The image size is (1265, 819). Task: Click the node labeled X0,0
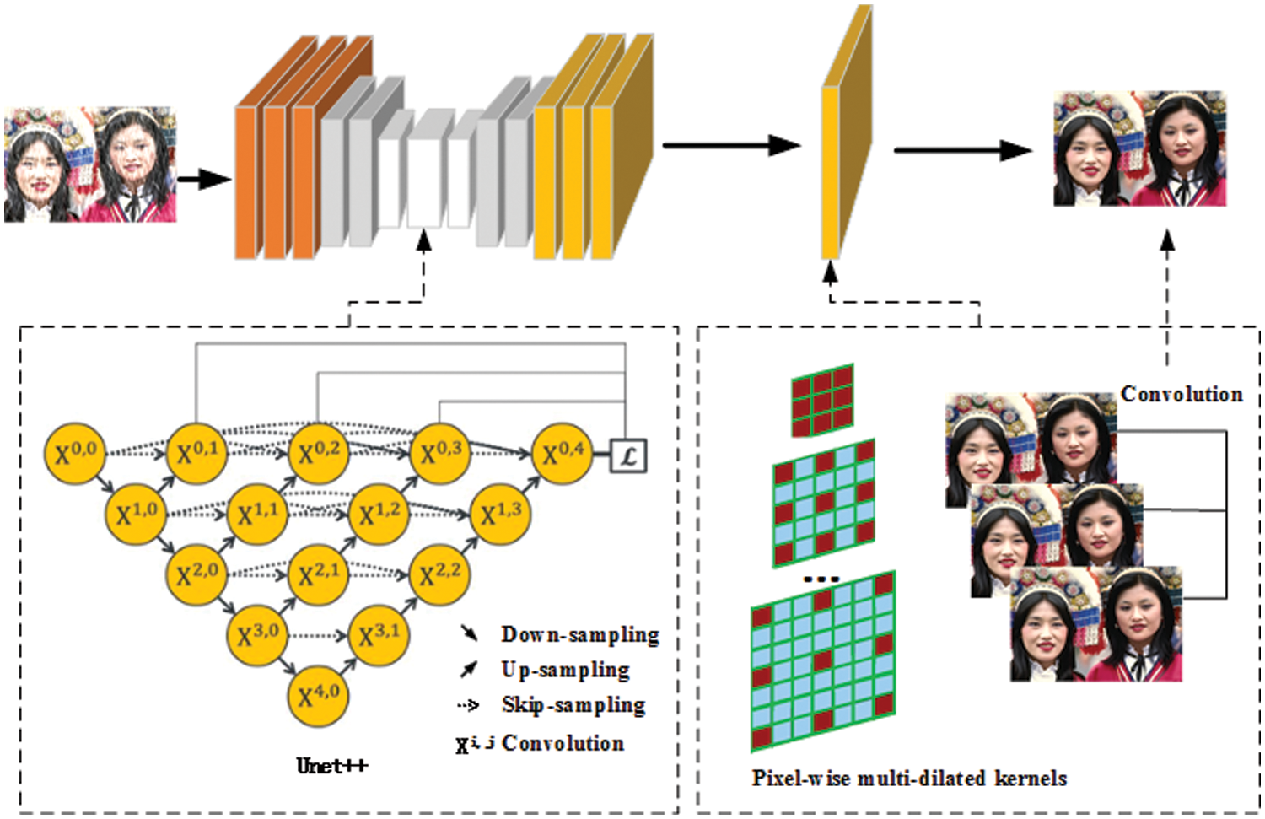click(x=74, y=453)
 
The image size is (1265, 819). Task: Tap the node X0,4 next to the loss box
click(x=562, y=453)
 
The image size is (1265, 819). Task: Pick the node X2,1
click(x=318, y=575)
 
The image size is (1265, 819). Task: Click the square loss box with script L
click(x=627, y=456)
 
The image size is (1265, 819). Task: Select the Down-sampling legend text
click(x=579, y=634)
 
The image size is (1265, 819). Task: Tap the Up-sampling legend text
click(x=565, y=670)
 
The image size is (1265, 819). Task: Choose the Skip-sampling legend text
click(x=573, y=705)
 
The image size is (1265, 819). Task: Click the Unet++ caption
click(x=331, y=766)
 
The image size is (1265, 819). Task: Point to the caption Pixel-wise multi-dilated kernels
click(x=909, y=778)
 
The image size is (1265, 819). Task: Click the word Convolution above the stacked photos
click(x=1181, y=394)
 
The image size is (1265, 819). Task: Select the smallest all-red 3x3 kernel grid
click(x=822, y=400)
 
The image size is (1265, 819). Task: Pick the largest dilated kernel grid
click(x=822, y=662)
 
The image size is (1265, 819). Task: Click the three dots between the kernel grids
click(x=821, y=579)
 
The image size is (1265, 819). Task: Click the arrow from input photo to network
click(x=203, y=179)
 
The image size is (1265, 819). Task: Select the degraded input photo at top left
click(x=90, y=164)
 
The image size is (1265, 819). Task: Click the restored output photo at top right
click(x=1139, y=149)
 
